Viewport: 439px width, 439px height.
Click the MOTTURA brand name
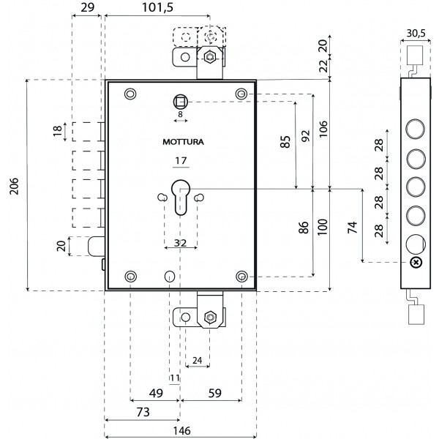tap(179, 142)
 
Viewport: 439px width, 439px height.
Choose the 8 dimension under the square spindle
tap(179, 115)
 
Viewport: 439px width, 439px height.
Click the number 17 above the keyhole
tap(179, 161)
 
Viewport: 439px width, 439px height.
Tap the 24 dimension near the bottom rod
tap(196, 361)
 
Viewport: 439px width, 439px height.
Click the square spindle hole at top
tap(180, 100)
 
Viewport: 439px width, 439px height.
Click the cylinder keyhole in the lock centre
tap(180, 197)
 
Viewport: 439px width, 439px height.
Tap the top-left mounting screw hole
tap(130, 94)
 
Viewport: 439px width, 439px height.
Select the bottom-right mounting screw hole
tap(243, 276)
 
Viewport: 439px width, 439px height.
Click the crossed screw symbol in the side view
tap(416, 263)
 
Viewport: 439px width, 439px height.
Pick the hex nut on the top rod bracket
tap(210, 56)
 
